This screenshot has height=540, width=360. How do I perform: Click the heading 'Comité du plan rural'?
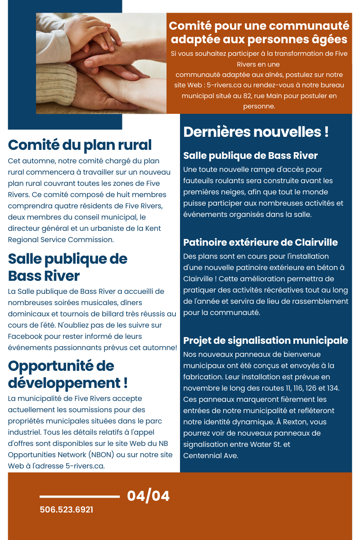coord(80,145)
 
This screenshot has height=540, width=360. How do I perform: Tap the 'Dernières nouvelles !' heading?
coord(256,132)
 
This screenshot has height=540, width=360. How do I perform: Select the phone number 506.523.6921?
coord(66,510)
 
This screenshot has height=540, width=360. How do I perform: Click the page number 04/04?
coord(148,496)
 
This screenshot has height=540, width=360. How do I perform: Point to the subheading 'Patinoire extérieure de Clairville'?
coord(260,243)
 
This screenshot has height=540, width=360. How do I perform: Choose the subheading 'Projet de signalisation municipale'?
coord(265,340)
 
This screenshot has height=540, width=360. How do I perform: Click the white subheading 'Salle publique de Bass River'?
coord(250,156)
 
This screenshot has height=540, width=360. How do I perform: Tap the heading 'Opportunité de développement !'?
coord(67,374)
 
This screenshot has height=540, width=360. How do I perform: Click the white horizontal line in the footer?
coord(80,497)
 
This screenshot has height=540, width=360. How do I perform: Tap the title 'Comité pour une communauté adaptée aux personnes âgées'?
coord(259,32)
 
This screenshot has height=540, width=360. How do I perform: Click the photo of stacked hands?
coord(101,63)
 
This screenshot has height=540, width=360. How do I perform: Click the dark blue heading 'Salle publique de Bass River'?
coord(67,267)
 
